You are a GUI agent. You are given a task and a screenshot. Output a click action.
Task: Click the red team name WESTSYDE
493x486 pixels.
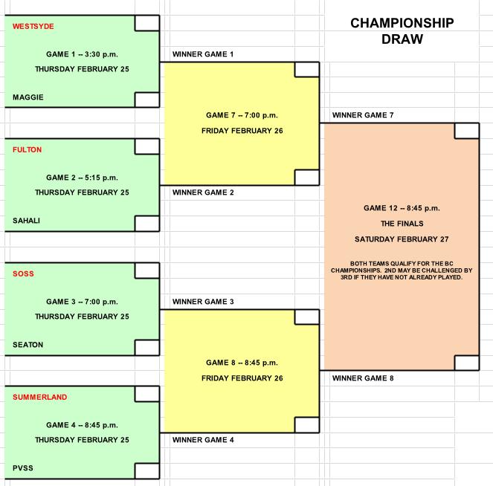click(33, 27)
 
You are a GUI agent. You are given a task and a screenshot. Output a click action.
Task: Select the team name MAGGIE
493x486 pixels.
click(28, 97)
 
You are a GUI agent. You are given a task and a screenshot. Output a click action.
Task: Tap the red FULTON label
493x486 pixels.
click(27, 150)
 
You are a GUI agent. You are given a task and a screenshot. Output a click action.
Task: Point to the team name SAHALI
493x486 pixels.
click(26, 221)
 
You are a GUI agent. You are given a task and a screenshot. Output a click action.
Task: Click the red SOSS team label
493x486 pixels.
click(23, 274)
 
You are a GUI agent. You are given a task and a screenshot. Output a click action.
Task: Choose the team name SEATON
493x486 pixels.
click(28, 345)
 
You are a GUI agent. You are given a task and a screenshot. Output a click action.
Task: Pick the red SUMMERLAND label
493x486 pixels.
click(39, 398)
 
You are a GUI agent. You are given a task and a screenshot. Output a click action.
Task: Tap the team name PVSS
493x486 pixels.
click(22, 468)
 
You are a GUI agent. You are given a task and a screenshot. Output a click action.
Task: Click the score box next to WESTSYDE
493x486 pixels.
click(146, 23)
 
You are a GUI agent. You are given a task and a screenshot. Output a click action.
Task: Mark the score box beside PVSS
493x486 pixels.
click(146, 471)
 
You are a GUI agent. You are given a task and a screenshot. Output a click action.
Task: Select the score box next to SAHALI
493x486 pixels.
click(146, 224)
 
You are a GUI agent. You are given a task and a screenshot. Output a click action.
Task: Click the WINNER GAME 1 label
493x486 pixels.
click(203, 54)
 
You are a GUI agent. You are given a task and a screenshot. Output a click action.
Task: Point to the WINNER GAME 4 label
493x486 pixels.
click(203, 440)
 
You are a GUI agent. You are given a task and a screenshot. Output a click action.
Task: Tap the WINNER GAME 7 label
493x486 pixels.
click(363, 115)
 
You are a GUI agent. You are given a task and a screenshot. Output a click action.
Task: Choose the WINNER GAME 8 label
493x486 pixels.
click(363, 378)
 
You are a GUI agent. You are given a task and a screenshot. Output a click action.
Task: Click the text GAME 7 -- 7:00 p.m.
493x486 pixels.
click(242, 115)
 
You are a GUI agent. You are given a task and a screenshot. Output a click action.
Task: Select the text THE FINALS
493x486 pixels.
click(402, 224)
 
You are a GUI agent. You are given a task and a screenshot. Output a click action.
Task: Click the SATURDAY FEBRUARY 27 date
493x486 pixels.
click(402, 239)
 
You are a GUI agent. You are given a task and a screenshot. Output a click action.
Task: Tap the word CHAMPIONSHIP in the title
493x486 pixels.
click(402, 23)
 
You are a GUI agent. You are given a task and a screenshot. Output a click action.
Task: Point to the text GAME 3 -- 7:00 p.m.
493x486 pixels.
click(82, 302)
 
